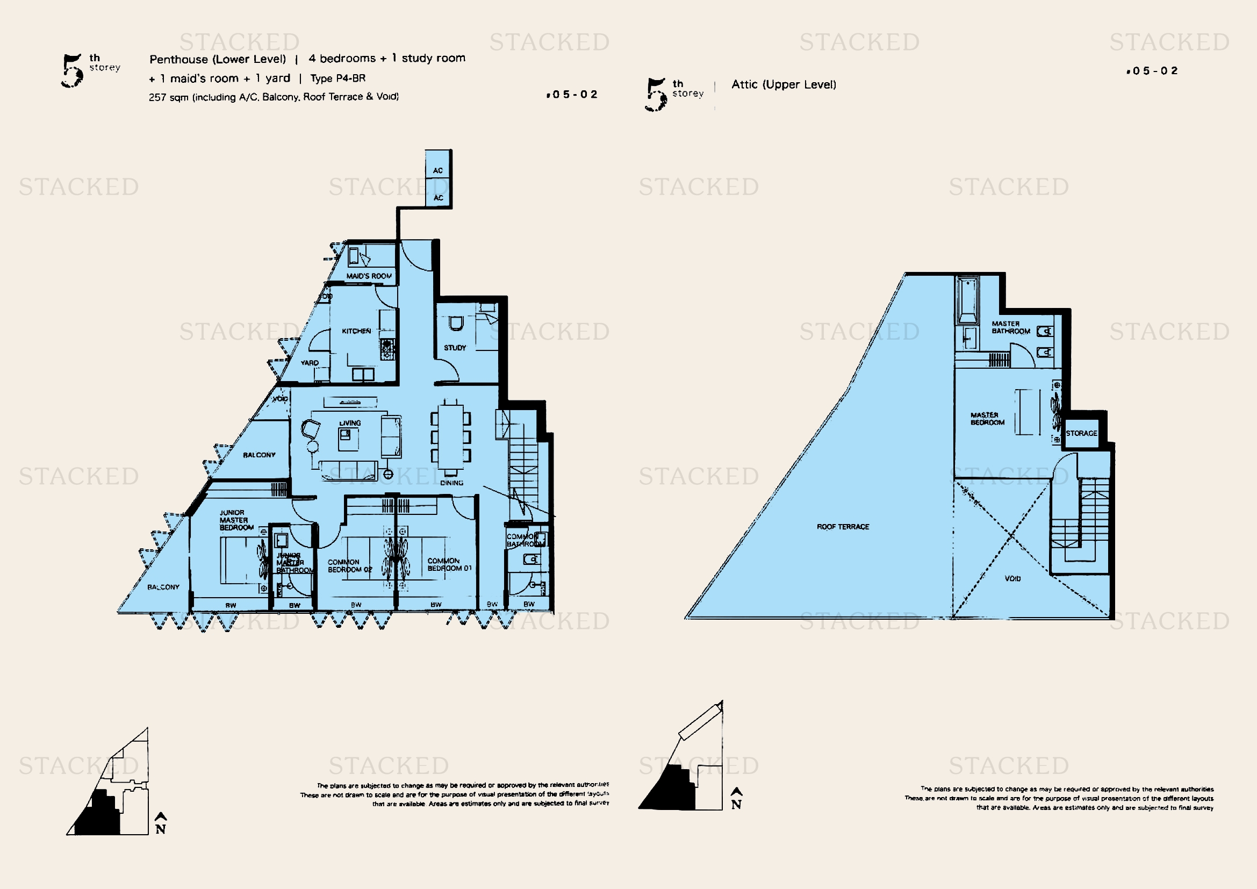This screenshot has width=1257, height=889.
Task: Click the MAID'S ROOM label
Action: click(369, 276)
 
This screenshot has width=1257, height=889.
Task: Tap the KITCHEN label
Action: click(356, 331)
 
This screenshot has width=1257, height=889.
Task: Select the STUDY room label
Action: click(455, 348)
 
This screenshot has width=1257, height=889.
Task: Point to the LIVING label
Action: click(350, 423)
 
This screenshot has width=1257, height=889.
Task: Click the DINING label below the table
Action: click(451, 483)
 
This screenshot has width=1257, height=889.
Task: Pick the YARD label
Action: click(310, 363)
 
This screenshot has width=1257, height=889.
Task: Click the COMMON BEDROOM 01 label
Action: click(449, 564)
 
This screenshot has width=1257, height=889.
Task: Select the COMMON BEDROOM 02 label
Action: click(349, 565)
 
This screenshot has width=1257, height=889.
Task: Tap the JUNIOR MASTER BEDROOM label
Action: click(236, 520)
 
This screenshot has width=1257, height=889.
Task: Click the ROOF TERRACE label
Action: click(843, 527)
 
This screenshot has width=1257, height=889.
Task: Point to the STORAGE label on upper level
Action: click(1081, 433)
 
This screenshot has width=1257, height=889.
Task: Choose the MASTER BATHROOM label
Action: click(1011, 327)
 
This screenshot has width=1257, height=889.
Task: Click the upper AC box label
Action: click(438, 170)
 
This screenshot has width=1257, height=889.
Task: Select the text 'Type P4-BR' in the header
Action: click(338, 78)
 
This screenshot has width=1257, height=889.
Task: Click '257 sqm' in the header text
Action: click(168, 97)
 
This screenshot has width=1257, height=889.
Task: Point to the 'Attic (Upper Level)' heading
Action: click(784, 84)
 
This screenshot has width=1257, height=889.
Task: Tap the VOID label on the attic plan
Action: click(1012, 578)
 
